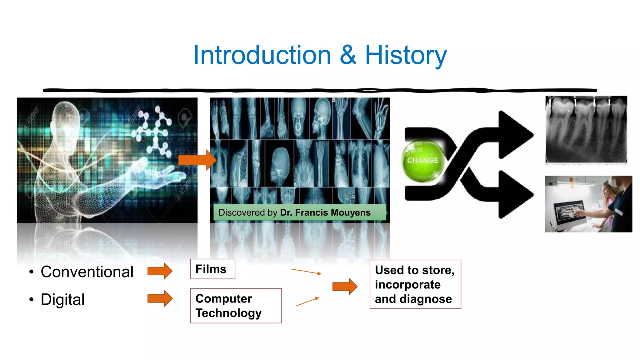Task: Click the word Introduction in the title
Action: pyautogui.click(x=262, y=55)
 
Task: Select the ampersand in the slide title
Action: pyautogui.click(x=348, y=55)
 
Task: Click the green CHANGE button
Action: pyautogui.click(x=423, y=160)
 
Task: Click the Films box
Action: pyautogui.click(x=212, y=269)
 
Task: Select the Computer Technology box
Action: pyautogui.click(x=236, y=306)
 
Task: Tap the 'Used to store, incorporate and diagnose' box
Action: pyautogui.click(x=415, y=284)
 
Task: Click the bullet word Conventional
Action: pyautogui.click(x=87, y=272)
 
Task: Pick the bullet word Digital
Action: pyautogui.click(x=63, y=299)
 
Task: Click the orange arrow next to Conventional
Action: pyautogui.click(x=160, y=271)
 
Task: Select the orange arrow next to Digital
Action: pyautogui.click(x=160, y=298)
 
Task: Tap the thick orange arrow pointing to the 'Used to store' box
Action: pyautogui.click(x=345, y=286)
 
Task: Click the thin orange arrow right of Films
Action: pyautogui.click(x=306, y=271)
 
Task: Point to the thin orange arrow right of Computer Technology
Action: pyautogui.click(x=307, y=302)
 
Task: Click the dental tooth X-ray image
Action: pyautogui.click(x=586, y=129)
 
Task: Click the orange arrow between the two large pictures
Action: pyautogui.click(x=197, y=160)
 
